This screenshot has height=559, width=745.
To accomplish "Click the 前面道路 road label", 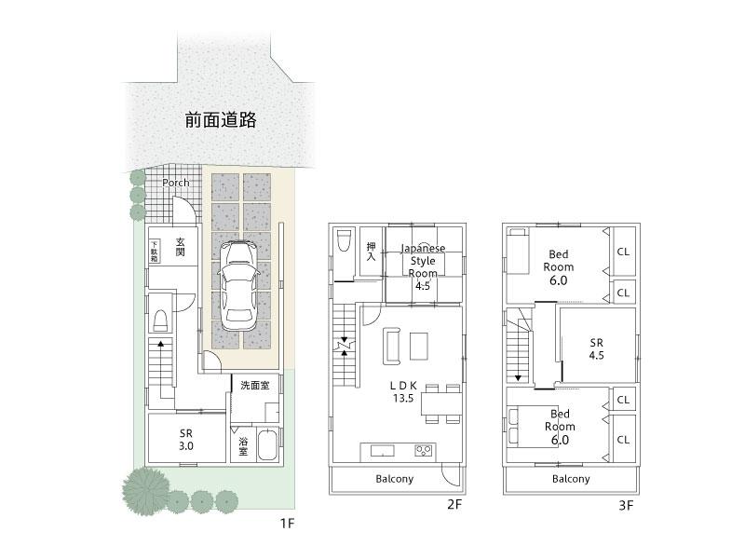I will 220,120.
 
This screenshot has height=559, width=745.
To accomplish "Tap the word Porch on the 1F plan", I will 175,183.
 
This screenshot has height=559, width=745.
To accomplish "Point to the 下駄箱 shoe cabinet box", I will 155,251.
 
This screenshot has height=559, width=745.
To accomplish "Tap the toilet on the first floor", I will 159,319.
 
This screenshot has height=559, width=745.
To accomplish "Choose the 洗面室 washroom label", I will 254,385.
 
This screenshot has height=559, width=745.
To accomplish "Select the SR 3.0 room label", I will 186,440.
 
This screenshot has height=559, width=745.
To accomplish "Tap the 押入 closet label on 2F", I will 370,252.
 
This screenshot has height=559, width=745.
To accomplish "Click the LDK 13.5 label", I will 403,390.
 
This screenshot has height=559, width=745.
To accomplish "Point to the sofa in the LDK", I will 390,345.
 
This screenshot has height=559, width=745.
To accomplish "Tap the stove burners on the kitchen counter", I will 424,451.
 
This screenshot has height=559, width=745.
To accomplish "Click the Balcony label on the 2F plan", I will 394,479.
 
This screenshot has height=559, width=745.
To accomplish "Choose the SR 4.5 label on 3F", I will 597,348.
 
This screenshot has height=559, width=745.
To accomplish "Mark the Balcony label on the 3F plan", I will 570,479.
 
